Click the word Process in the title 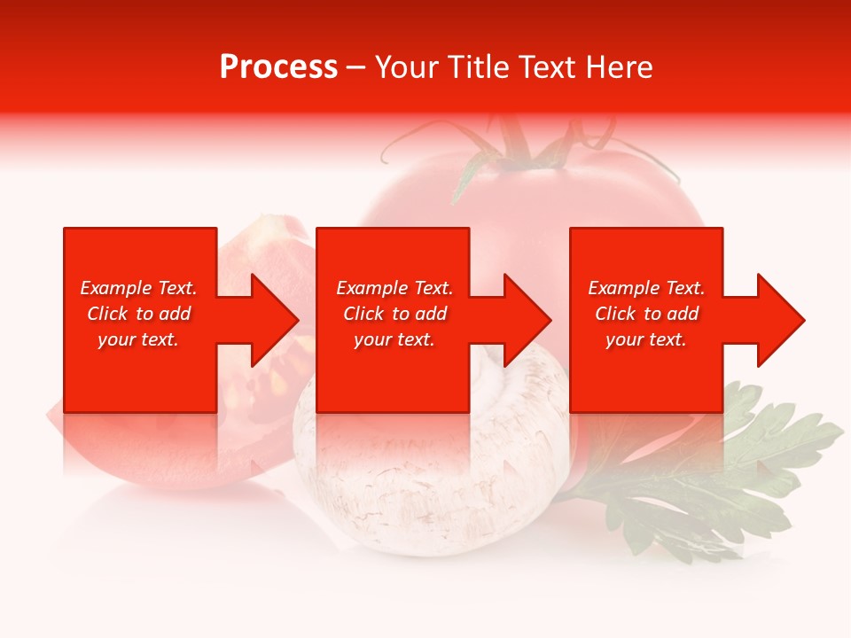point(278,67)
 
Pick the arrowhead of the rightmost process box point(779,320)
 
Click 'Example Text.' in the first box point(138,288)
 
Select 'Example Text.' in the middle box point(394,288)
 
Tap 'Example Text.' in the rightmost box point(646,288)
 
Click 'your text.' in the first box point(138,339)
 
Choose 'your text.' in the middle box point(394,339)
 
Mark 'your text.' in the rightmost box point(646,339)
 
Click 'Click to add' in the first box point(138,314)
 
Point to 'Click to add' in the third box point(646,314)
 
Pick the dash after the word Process point(356,68)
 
